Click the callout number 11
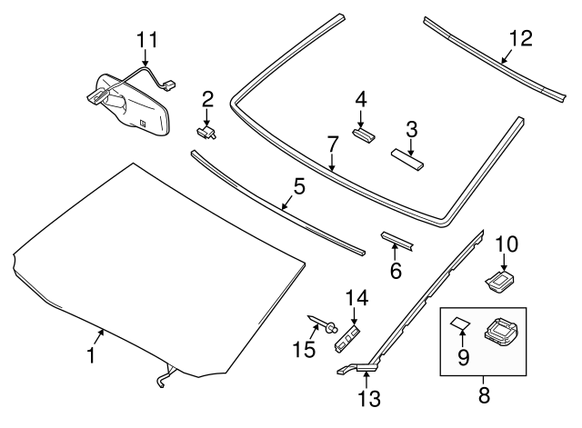146,40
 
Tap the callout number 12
521,38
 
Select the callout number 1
91,357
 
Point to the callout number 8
484,395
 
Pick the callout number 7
333,144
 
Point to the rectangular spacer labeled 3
408,159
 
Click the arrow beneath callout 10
506,262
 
